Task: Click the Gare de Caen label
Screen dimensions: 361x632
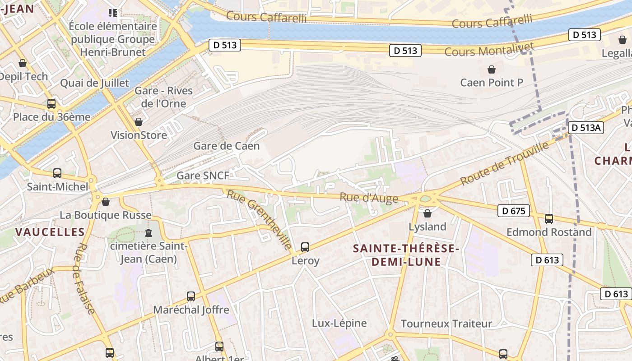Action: [226, 146]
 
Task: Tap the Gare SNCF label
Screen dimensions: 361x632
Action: [203, 176]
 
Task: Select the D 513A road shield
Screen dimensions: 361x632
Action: [585, 128]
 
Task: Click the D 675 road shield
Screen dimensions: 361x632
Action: [513, 211]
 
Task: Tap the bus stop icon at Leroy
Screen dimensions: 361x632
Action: [305, 247]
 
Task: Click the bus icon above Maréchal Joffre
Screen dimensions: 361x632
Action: [191, 296]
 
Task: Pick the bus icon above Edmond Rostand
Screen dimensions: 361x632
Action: [549, 219]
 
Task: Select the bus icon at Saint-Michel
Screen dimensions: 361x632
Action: [57, 173]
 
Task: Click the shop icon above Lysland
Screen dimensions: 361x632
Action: [427, 213]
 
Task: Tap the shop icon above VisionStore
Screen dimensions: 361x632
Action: [139, 122]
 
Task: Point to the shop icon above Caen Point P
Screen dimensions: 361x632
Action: [491, 69]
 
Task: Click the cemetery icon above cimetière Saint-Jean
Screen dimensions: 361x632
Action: [148, 233]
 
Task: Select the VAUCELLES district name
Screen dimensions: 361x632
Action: [50, 232]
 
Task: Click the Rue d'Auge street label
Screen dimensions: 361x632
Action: [369, 198]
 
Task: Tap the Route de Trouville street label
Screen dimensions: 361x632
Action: [504, 163]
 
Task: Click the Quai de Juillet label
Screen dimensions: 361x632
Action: [94, 83]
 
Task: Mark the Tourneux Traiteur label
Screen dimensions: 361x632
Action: [446, 324]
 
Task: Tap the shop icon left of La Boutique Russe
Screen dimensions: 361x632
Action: [106, 202]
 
